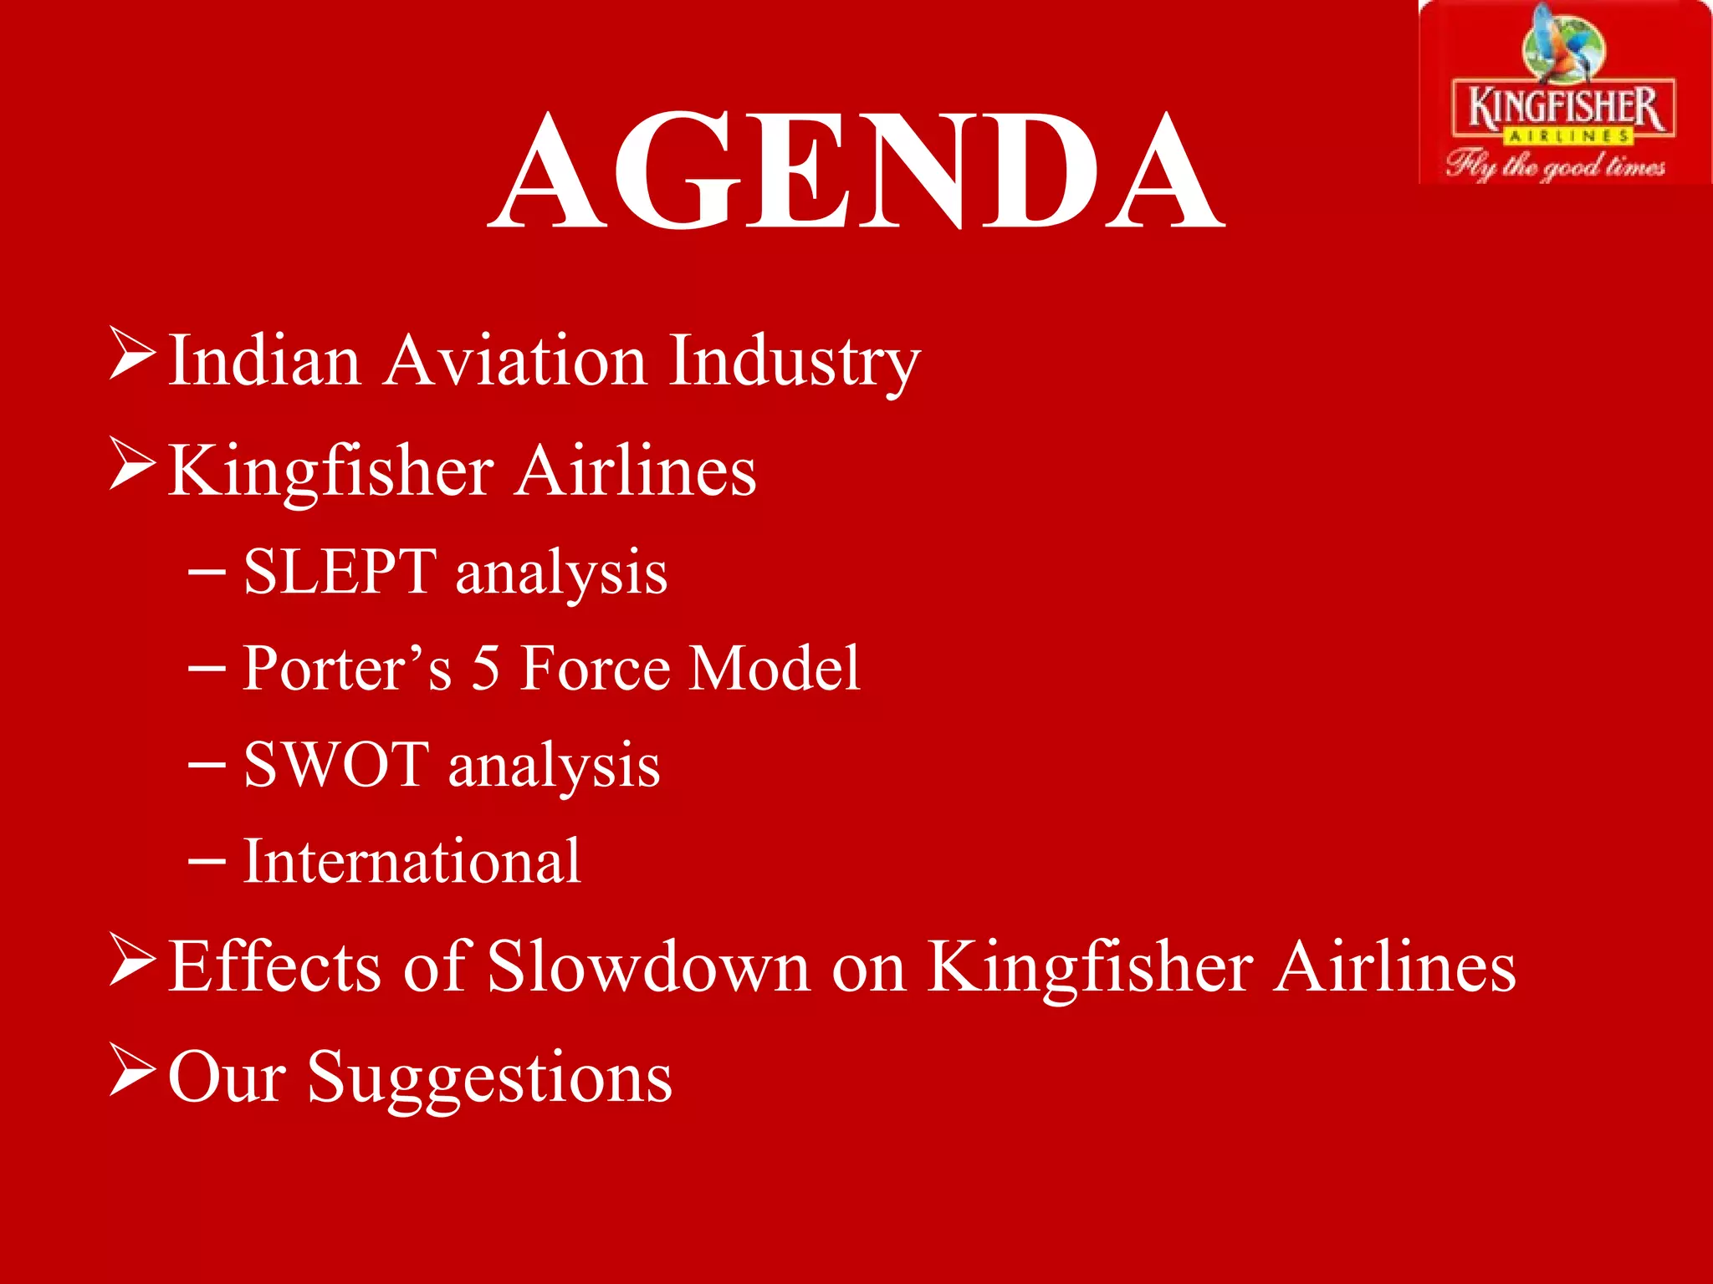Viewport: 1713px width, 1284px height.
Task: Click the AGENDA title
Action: [x=856, y=171]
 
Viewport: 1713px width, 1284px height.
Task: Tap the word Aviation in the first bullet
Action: [x=515, y=361]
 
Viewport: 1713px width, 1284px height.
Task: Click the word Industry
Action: [x=795, y=361]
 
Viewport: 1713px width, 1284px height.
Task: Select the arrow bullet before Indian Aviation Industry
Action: [x=132, y=355]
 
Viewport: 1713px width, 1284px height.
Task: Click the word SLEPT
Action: [x=340, y=572]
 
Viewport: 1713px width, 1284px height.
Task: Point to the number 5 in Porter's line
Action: [x=485, y=668]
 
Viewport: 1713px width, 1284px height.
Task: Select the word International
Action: [x=412, y=861]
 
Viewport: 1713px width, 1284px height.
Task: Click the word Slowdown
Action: [x=648, y=966]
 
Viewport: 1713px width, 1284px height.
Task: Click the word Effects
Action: [x=276, y=966]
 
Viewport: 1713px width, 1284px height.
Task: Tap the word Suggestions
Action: [x=489, y=1078]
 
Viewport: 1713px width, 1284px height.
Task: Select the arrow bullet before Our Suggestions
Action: [x=132, y=1072]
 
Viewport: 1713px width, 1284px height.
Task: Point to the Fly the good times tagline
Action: [x=1556, y=165]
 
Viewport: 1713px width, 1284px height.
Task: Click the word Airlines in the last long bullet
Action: [x=1394, y=966]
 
